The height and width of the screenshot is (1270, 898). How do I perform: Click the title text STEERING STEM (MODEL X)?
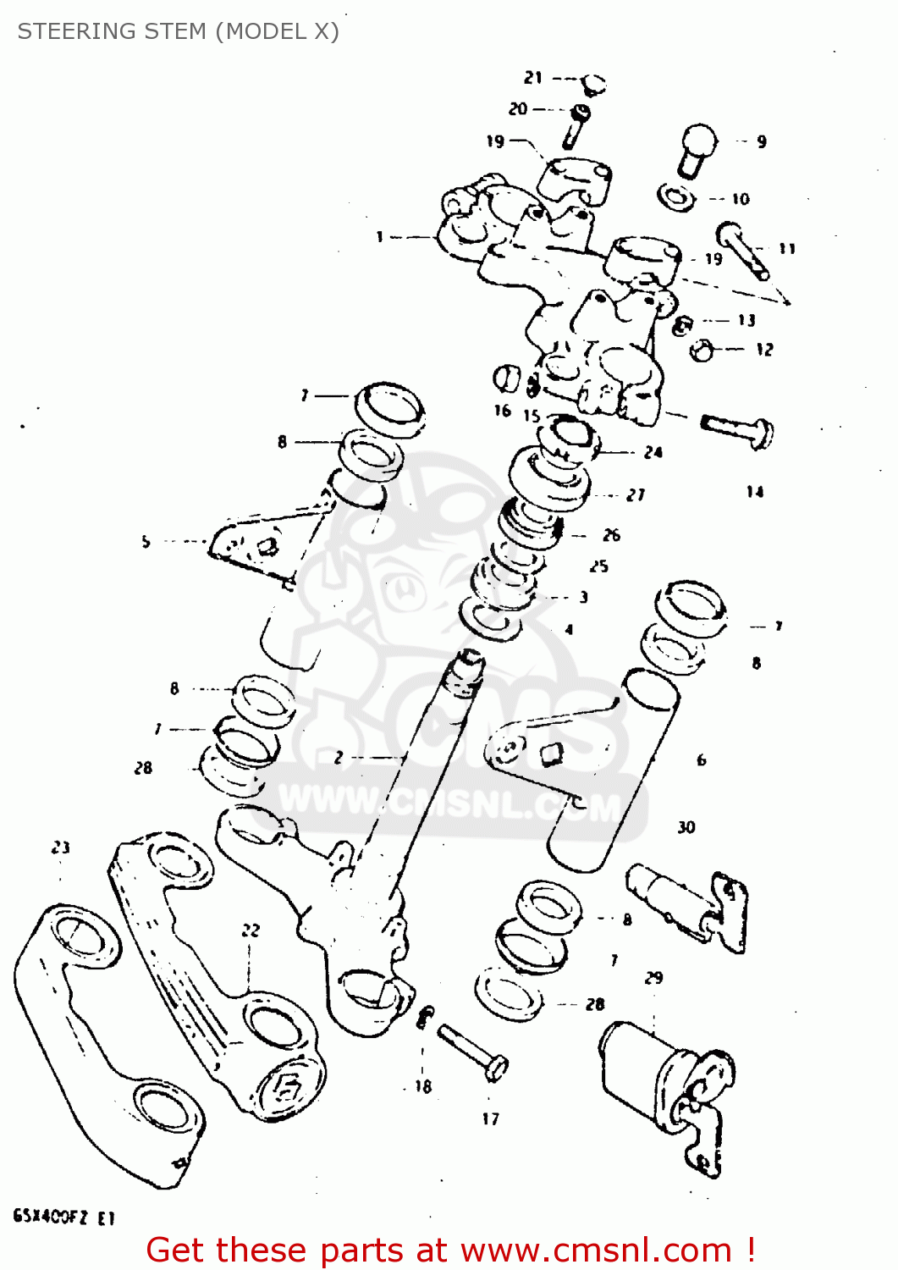pos(178,31)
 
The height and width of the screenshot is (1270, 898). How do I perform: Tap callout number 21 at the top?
pos(533,78)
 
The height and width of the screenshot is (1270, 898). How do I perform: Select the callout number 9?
pos(762,142)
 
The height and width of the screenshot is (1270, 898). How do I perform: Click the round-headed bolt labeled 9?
pos(697,148)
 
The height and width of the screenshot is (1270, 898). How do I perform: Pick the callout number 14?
pos(755,492)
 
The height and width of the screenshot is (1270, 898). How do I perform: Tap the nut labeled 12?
pos(702,349)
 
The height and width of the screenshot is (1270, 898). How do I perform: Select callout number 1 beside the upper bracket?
pos(380,237)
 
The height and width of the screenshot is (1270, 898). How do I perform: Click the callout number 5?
pos(146,541)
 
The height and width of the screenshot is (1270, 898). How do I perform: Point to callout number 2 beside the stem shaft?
pos(339,758)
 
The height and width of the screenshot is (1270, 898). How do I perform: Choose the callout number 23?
pos(60,848)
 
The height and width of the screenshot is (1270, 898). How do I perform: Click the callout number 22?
pos(251,930)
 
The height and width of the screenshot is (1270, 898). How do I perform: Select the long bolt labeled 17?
pos(472,1049)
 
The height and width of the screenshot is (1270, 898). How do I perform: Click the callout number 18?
pos(423,1086)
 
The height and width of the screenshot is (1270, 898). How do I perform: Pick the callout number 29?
pos(653,978)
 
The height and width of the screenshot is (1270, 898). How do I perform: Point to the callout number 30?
pos(686,827)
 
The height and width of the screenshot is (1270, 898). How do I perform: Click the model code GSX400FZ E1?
pos(64,1218)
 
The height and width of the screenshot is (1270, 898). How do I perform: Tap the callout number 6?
pos(701,760)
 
